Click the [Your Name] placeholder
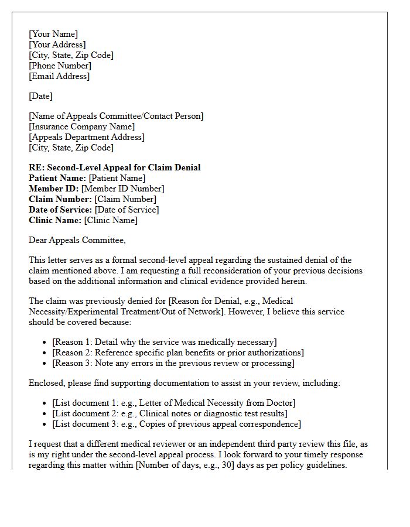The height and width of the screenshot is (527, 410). [53, 34]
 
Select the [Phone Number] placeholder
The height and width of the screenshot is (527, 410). [60, 66]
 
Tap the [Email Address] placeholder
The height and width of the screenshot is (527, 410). [59, 76]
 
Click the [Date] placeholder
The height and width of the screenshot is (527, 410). [40, 96]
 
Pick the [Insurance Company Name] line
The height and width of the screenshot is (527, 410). [81, 126]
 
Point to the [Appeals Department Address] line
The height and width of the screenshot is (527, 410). [87, 137]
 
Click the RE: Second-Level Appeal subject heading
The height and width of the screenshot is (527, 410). [114, 167]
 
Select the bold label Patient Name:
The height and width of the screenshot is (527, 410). [57, 178]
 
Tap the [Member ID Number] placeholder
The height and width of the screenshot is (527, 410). [122, 189]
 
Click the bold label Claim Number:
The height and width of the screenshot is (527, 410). [60, 199]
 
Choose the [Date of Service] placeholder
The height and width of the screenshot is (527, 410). [127, 210]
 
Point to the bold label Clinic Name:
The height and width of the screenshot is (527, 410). [55, 220]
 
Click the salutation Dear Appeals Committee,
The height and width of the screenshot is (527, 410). [77, 240]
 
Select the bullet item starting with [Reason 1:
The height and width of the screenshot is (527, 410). [164, 342]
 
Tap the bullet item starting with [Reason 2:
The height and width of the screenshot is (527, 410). [177, 353]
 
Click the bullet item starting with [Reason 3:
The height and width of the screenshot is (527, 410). [173, 363]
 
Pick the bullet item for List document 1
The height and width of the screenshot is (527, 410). [173, 403]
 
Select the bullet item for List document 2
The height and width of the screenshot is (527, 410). [169, 413]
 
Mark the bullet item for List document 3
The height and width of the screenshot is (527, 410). [176, 424]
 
